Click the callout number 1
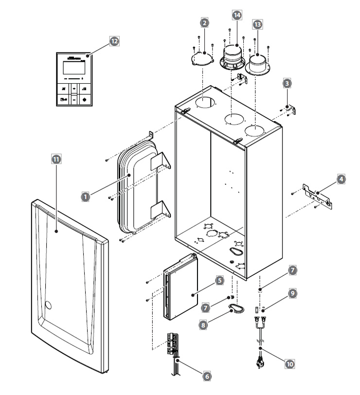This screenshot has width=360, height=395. coord(85,196)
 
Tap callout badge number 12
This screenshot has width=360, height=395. coord(114,42)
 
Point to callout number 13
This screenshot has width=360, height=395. coord(257,24)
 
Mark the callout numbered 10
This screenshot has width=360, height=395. coord(290,363)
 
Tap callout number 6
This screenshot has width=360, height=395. coord(207,376)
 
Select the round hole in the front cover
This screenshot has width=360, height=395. coord(48,306)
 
